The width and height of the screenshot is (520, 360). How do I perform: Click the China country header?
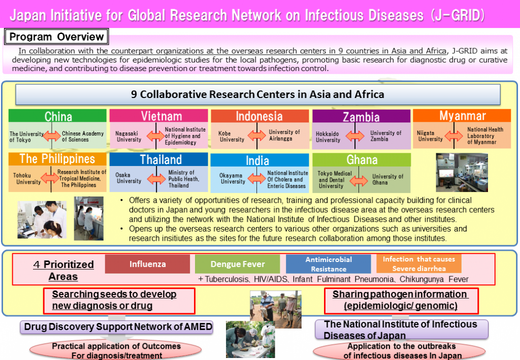tap(57, 116)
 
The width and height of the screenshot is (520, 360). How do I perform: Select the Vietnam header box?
tap(158, 116)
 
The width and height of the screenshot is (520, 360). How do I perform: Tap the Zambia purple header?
tap(361, 116)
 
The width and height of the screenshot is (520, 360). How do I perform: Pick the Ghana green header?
tap(362, 160)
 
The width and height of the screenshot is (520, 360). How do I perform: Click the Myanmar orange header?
tap(462, 116)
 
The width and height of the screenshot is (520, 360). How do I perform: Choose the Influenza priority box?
tap(148, 264)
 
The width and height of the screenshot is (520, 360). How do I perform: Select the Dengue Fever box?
tap(238, 264)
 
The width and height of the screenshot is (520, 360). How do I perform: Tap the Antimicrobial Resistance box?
tap(329, 264)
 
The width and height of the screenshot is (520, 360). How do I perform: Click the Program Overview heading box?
tap(56, 37)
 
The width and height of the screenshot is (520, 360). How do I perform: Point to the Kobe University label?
tap(232, 136)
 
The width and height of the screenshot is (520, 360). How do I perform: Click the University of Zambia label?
tap(385, 136)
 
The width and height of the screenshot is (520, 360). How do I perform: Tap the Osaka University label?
tap(128, 178)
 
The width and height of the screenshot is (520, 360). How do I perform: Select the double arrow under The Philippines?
tap(50, 178)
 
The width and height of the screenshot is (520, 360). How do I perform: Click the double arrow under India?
tap(256, 178)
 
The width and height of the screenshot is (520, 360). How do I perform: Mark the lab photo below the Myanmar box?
tap(462, 172)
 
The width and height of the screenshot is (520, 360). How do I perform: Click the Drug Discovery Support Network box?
tap(117, 327)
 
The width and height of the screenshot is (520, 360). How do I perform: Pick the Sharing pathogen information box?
tap(401, 300)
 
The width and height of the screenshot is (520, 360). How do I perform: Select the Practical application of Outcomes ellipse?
tap(115, 350)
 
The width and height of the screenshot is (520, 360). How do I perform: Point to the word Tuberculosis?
tap(226, 279)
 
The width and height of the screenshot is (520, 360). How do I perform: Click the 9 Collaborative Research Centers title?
tap(257, 94)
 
